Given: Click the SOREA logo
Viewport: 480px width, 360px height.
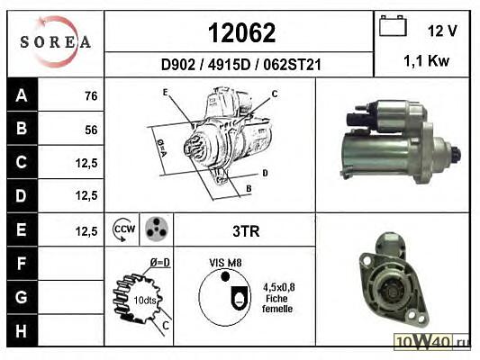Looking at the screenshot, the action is tap(56, 42).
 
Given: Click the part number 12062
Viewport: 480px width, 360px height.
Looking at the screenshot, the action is tap(241, 32).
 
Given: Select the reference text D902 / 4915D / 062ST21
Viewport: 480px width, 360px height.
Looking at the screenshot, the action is tap(241, 65).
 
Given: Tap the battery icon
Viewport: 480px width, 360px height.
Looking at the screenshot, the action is tap(393, 26).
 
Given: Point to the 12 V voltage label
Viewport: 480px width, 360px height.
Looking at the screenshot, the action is tap(442, 31).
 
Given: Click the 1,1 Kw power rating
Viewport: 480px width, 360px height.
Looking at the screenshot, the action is tap(427, 60).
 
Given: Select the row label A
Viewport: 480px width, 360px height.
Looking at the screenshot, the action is tap(22, 95).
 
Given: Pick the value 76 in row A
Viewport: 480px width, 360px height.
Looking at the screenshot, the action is tap(91, 96).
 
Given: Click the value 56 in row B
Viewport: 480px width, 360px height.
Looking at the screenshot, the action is tap(91, 130).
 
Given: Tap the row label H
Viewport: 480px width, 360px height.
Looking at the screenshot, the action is tap(21, 330).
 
